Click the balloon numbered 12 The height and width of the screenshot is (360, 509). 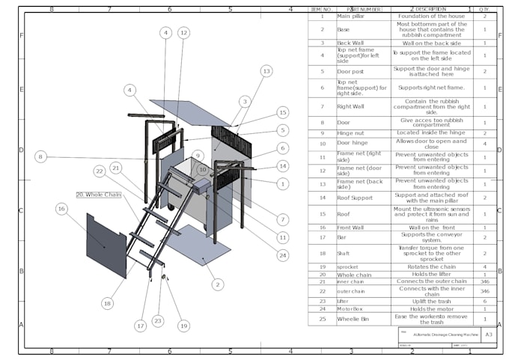click(x=183, y=33)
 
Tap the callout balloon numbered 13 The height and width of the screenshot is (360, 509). click(x=266, y=71)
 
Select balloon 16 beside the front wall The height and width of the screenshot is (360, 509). click(x=61, y=208)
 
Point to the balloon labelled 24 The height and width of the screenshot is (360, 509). click(x=282, y=255)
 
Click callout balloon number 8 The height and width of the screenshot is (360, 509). click(x=40, y=157)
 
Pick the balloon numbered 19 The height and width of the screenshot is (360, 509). click(x=184, y=326)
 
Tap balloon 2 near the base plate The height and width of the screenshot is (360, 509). click(x=217, y=284)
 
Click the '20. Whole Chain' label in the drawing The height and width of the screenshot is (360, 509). click(x=98, y=195)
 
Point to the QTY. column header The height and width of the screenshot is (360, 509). click(x=485, y=9)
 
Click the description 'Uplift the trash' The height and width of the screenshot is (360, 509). click(x=430, y=300)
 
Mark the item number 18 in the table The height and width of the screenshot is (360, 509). click(x=322, y=253)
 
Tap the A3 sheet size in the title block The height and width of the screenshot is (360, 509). click(x=487, y=335)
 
